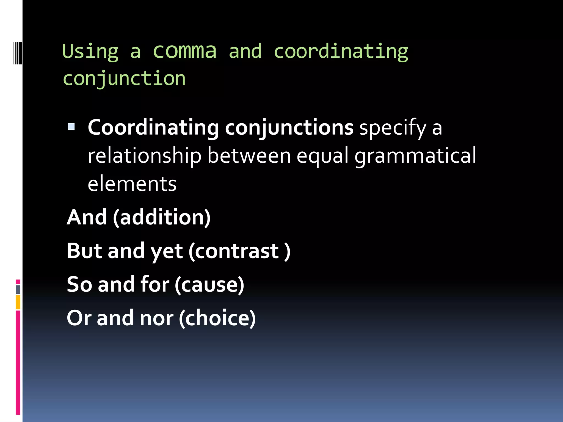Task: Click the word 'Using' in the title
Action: [90, 52]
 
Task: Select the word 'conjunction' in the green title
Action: [124, 79]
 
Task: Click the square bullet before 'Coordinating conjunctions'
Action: [71, 127]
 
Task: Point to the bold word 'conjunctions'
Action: [289, 128]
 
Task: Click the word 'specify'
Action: [393, 128]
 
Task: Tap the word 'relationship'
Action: [145, 156]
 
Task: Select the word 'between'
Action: [249, 156]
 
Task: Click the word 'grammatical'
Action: [415, 156]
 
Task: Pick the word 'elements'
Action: [132, 184]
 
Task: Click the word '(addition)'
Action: [162, 217]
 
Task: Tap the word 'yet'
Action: [167, 251]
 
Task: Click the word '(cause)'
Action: [209, 285]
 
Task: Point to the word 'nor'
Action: [156, 318]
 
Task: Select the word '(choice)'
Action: [217, 318]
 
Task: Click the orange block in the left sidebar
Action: [18, 302]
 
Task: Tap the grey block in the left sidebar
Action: [18, 289]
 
